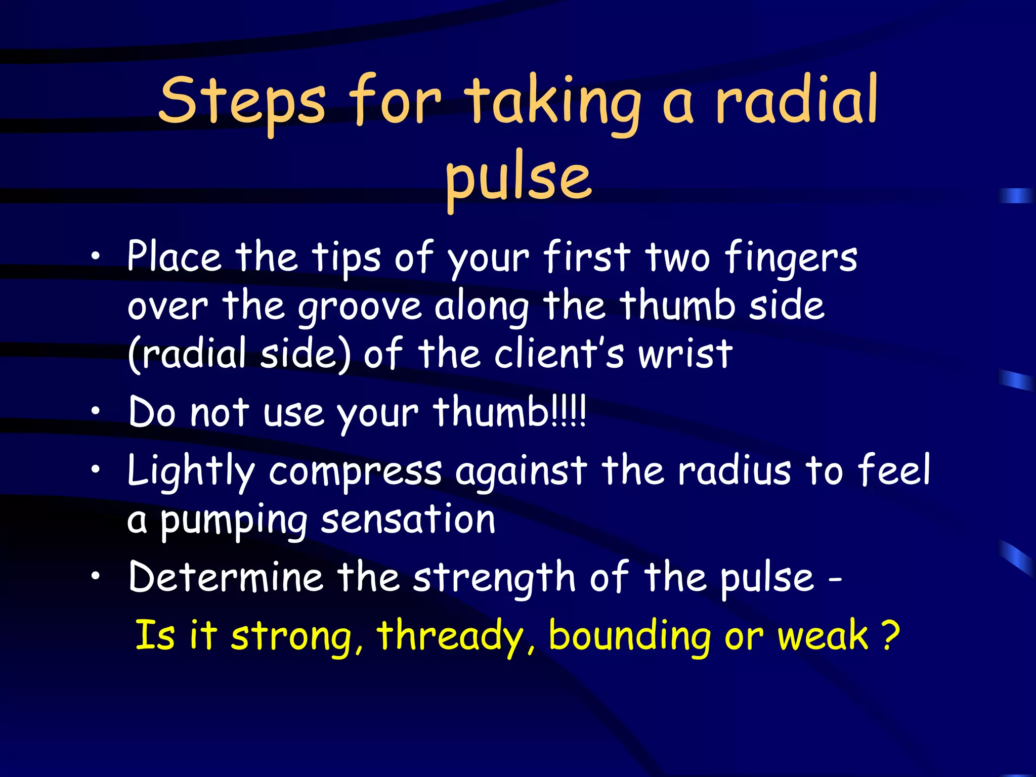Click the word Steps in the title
(242, 101)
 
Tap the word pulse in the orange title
(518, 178)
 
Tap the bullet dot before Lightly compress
(95, 470)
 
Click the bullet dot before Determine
(95, 577)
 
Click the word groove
(359, 308)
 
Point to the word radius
(734, 470)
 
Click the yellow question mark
(890, 635)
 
